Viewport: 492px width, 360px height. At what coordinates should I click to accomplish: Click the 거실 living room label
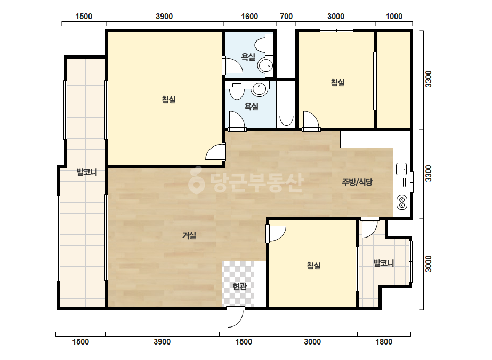(190, 235)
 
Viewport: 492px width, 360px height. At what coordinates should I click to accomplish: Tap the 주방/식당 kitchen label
(357, 182)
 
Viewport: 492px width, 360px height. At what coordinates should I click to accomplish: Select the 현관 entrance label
(240, 286)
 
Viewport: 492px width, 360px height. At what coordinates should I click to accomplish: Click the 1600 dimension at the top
(249, 17)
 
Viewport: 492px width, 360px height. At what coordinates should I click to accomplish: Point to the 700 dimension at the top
(286, 17)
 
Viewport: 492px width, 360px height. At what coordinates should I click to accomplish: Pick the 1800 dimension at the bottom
(384, 341)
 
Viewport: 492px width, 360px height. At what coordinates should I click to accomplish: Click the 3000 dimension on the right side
(429, 264)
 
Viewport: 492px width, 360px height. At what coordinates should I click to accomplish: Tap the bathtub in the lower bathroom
(286, 106)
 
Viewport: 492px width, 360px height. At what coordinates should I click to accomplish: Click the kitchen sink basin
(401, 169)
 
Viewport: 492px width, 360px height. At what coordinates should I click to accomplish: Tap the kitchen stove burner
(401, 202)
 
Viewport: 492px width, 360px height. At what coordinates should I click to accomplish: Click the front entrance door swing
(235, 317)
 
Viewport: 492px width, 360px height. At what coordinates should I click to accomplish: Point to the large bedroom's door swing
(215, 152)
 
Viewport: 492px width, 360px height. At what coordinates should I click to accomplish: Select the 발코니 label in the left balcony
(87, 172)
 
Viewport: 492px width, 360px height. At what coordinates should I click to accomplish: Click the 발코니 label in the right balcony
(384, 263)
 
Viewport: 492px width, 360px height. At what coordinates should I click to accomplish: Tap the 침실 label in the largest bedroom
(169, 100)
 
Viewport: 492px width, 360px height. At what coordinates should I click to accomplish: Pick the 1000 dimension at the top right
(394, 17)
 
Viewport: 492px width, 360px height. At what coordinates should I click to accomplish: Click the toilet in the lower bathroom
(237, 91)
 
